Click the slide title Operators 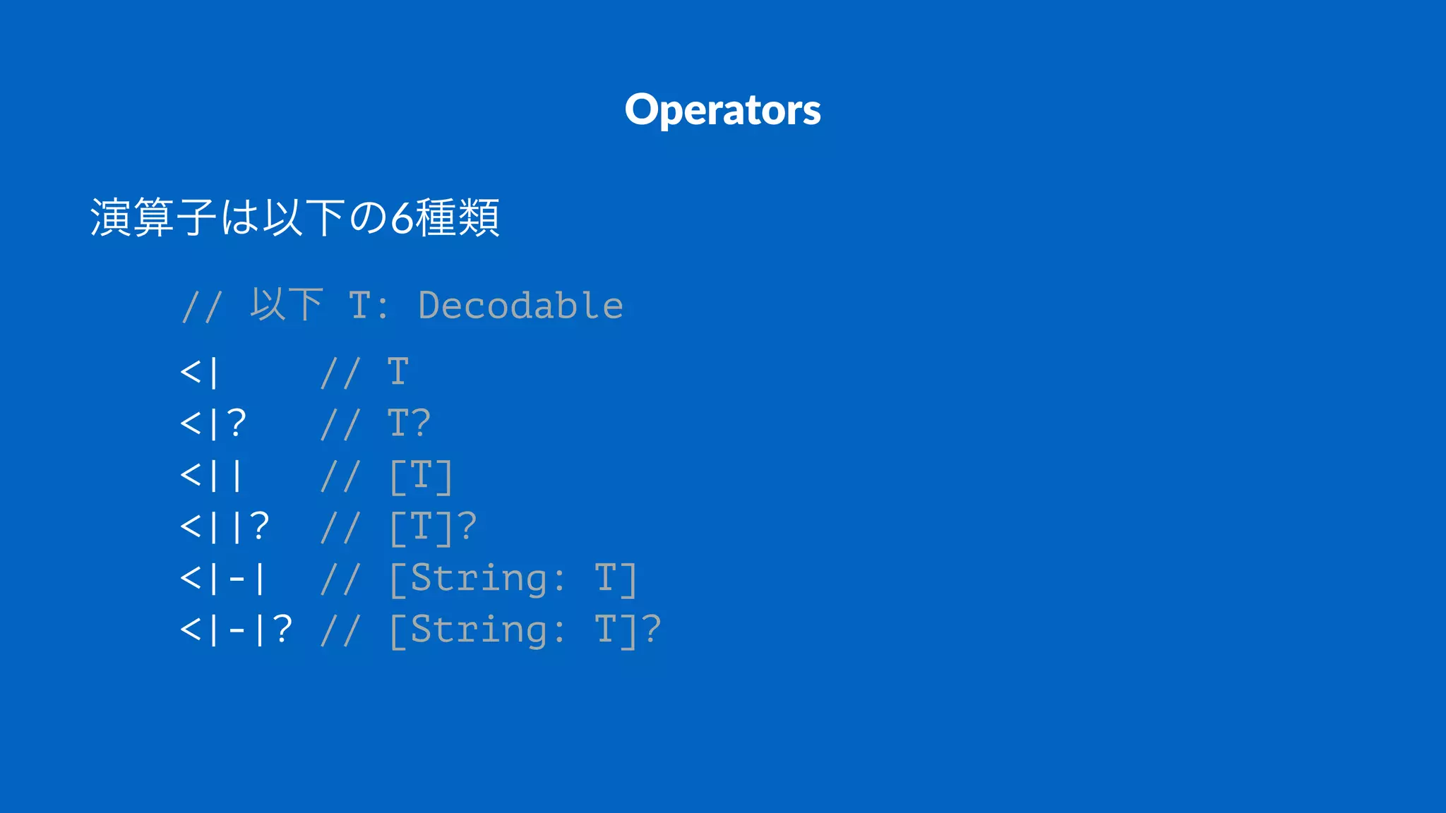click(722, 110)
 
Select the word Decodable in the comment click(520, 306)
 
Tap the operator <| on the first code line click(200, 373)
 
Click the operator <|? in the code click(213, 424)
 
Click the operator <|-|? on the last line click(236, 630)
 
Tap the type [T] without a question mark click(421, 476)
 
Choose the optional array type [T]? click(433, 528)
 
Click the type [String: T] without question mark click(513, 579)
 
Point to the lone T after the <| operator click(398, 372)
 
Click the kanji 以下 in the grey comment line click(287, 305)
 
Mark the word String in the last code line click(479, 630)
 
